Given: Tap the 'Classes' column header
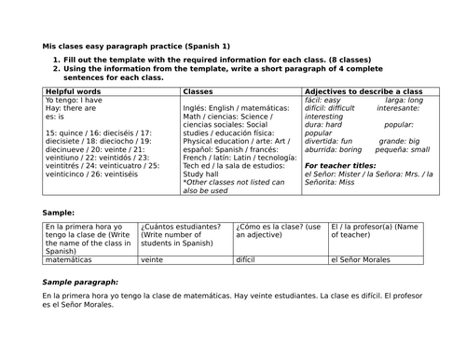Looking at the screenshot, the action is click(199, 91).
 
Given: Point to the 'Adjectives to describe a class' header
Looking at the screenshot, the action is click(363, 91).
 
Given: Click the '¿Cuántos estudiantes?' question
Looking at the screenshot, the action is click(180, 227).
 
